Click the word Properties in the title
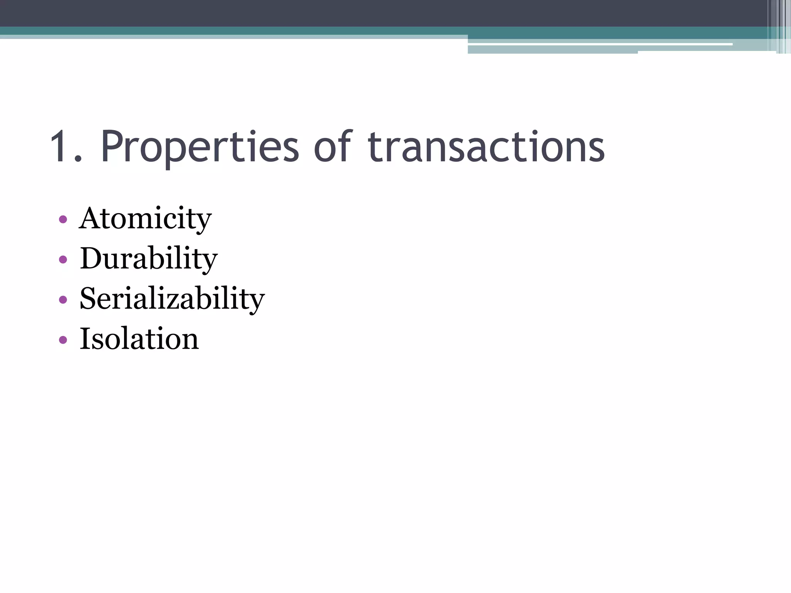(x=200, y=147)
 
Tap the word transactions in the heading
(x=486, y=147)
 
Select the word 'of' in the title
(x=333, y=147)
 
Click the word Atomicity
(x=145, y=219)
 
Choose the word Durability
(x=149, y=259)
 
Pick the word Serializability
(x=172, y=299)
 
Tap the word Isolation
(x=139, y=339)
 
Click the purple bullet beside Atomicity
(x=63, y=220)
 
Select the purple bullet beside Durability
(x=63, y=259)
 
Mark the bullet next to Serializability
(x=63, y=300)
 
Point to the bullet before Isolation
(x=63, y=340)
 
